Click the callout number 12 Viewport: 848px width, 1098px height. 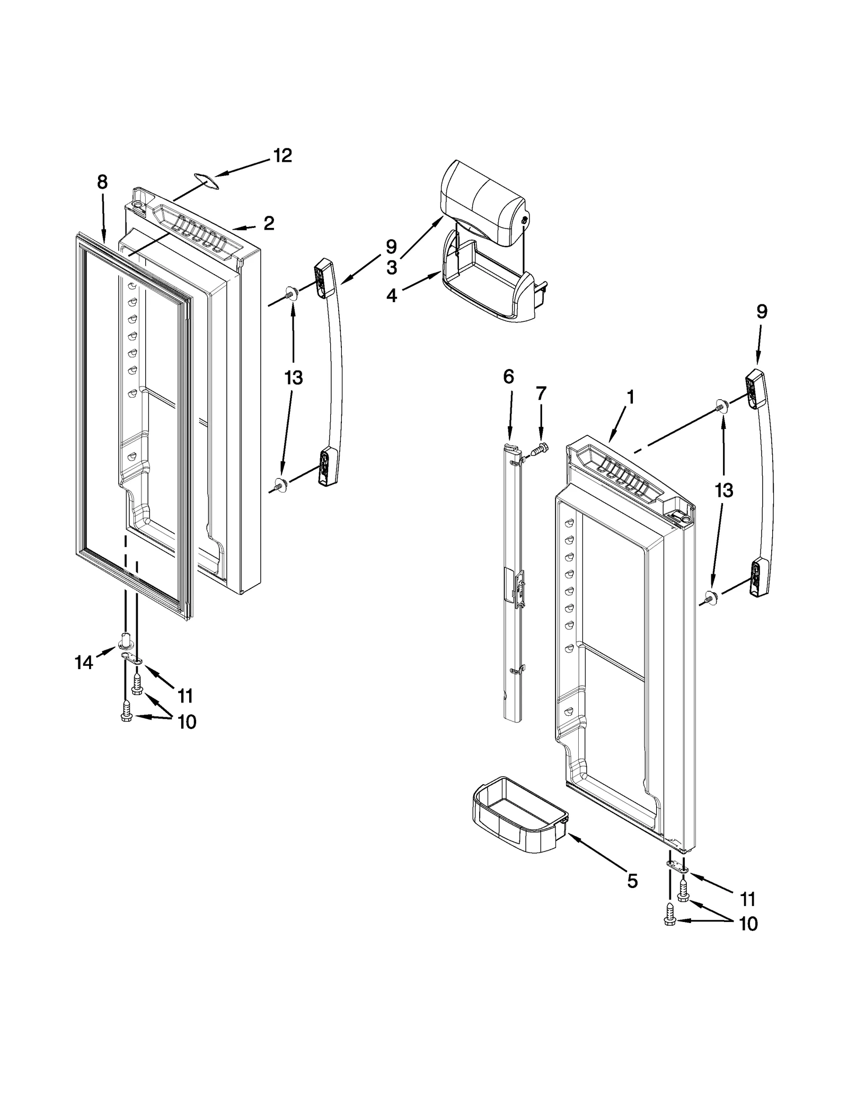point(282,156)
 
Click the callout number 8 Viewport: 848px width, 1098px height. point(102,182)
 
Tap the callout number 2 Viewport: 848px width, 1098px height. point(269,223)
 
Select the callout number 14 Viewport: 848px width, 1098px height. point(84,662)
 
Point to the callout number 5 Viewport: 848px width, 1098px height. point(632,881)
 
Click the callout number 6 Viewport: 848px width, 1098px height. point(508,377)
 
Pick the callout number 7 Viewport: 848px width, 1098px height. point(541,393)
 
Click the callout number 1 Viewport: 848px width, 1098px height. point(630,397)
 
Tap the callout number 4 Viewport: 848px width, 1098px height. point(391,295)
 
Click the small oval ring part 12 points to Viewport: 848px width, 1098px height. point(206,180)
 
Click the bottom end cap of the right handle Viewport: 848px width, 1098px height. point(759,577)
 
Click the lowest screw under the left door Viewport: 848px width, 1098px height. point(126,711)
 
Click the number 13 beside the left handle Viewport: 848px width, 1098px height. point(293,378)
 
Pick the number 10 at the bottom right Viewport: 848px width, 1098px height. point(748,924)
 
